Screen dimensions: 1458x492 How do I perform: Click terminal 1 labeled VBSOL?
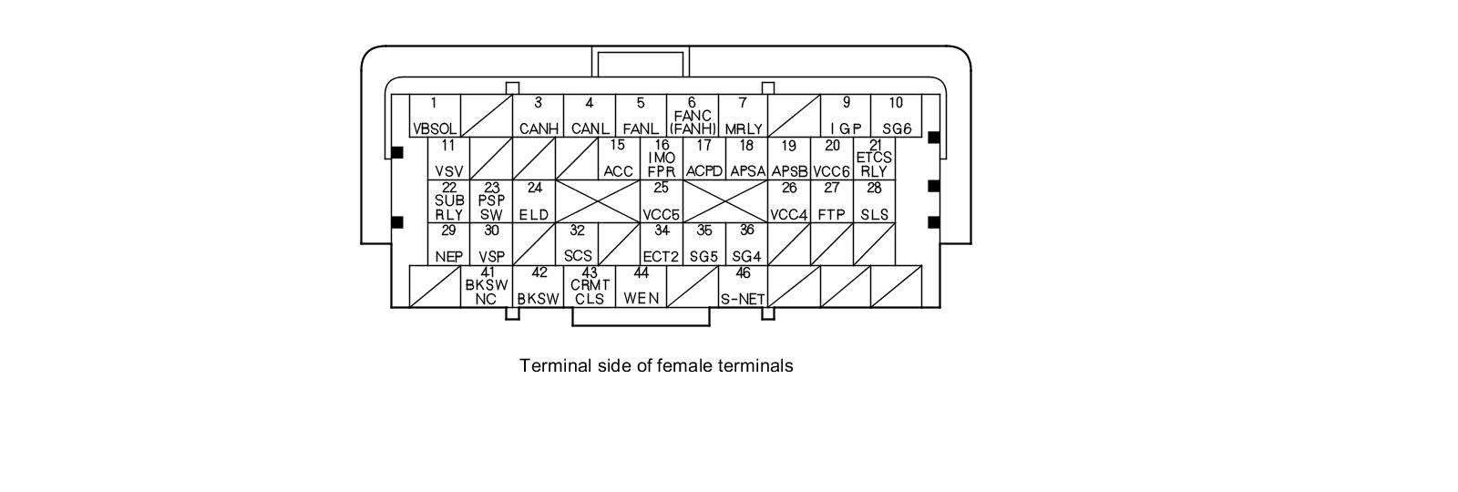pyautogui.click(x=435, y=116)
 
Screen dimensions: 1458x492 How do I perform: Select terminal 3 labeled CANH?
pyautogui.click(x=538, y=116)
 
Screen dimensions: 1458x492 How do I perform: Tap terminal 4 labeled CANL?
pyautogui.click(x=589, y=116)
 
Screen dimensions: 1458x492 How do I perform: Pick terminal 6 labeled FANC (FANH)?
pyautogui.click(x=692, y=116)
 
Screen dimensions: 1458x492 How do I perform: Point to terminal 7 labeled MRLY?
pyautogui.click(x=743, y=116)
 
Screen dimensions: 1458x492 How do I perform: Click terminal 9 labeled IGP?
pyautogui.click(x=846, y=116)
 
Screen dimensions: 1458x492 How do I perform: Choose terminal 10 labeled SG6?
pyautogui.click(x=896, y=116)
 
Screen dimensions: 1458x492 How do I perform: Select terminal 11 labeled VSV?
pyautogui.click(x=448, y=159)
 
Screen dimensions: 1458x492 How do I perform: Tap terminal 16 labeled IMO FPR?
pyautogui.click(x=662, y=159)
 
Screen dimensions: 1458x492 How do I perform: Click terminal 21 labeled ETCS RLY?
pyautogui.click(x=874, y=159)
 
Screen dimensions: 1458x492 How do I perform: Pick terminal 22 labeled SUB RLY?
pyautogui.click(x=448, y=201)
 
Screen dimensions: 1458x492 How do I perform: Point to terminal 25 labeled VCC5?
pyautogui.click(x=662, y=201)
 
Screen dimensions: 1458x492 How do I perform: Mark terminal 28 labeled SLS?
pyautogui.click(x=874, y=201)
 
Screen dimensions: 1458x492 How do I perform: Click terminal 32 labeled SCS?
pyautogui.click(x=578, y=244)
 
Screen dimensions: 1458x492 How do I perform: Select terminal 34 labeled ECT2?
pyautogui.click(x=662, y=244)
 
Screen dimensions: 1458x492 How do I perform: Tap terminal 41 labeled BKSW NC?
pyautogui.click(x=487, y=286)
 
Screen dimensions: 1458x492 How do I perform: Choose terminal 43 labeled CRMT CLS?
pyautogui.click(x=590, y=286)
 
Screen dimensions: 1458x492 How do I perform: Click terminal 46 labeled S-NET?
pyautogui.click(x=743, y=286)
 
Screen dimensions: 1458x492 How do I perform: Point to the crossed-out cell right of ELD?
pyautogui.click(x=598, y=201)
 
